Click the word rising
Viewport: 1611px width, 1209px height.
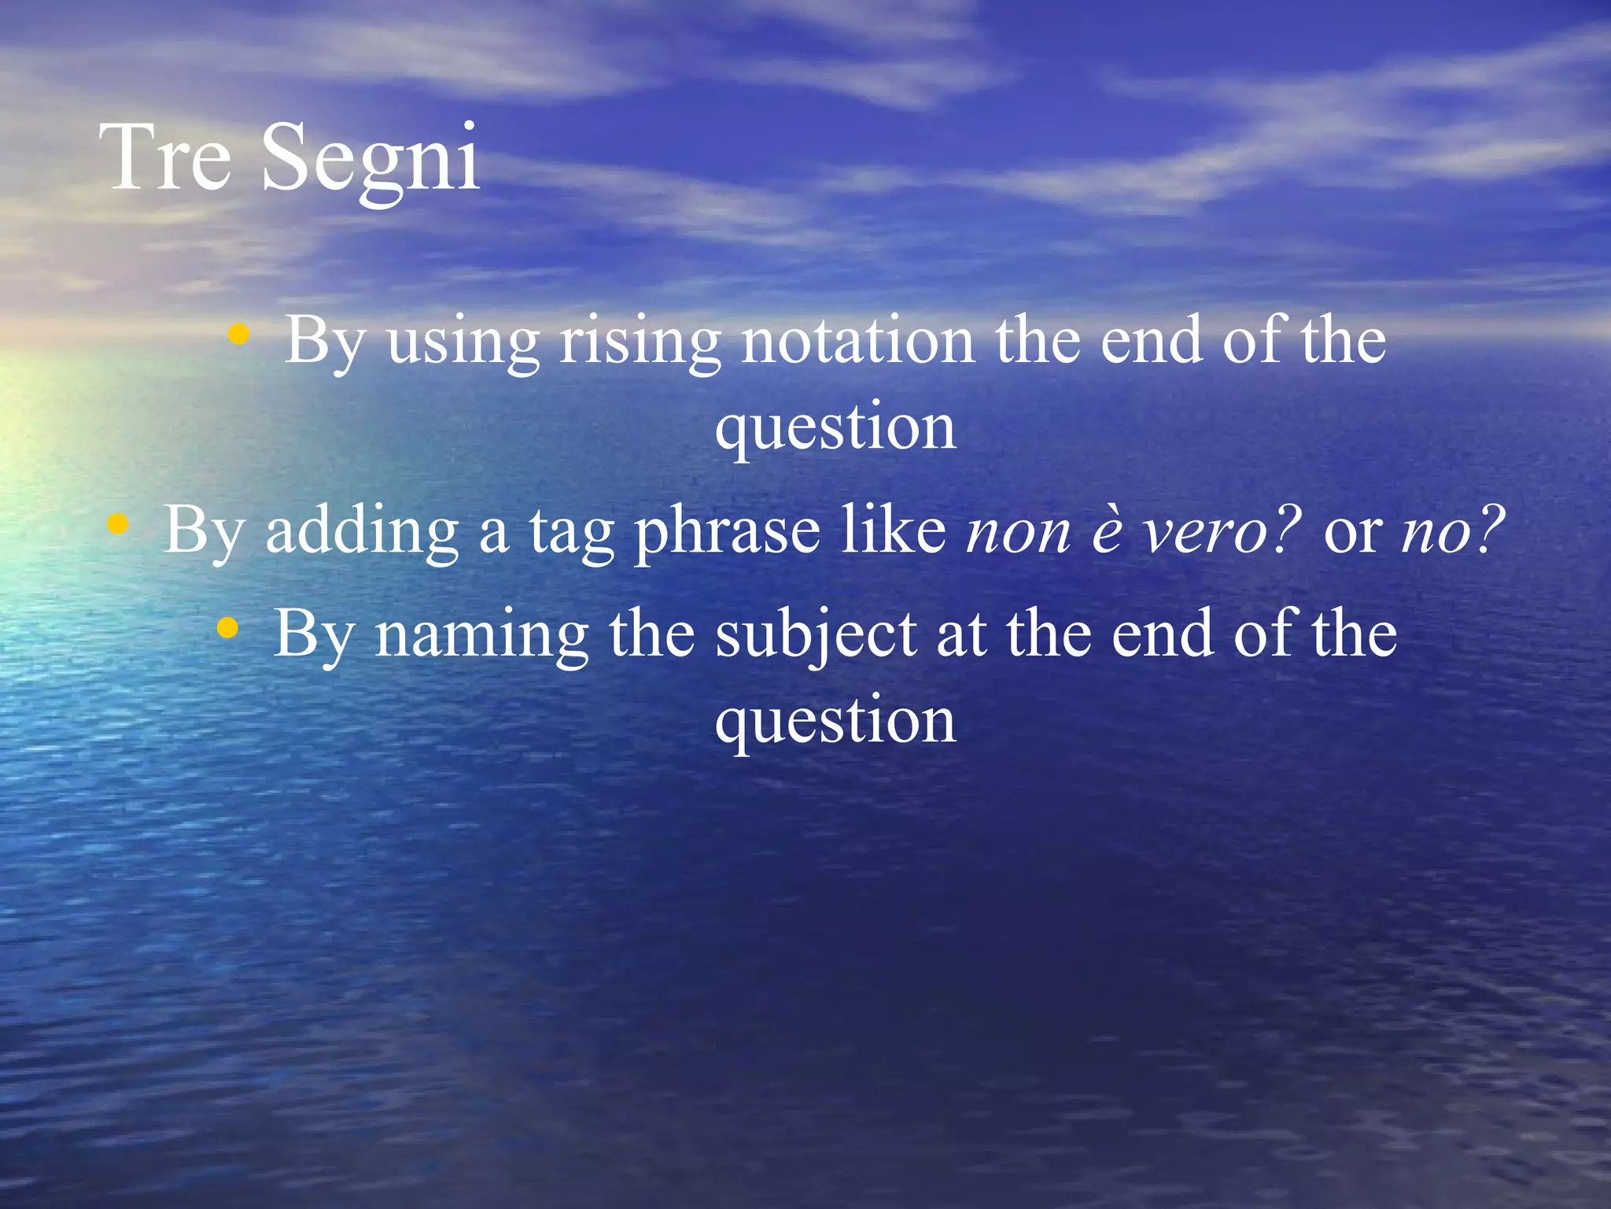point(640,342)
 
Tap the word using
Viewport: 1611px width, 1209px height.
point(463,343)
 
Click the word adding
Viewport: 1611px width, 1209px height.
point(362,531)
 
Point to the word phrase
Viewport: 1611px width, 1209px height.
point(728,532)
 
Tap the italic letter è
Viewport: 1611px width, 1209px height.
point(1107,532)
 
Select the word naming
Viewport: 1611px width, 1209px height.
point(481,636)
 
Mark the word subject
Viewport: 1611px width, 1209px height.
point(816,636)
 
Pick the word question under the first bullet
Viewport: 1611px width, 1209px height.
point(835,429)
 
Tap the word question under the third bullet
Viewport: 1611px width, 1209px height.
point(835,723)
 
